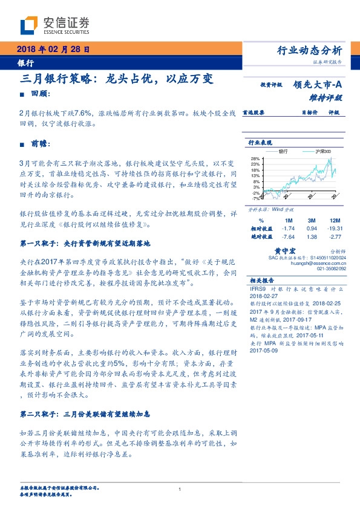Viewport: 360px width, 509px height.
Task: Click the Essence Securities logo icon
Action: pyautogui.click(x=30, y=26)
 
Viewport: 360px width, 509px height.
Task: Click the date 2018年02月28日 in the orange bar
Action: pyautogui.click(x=53, y=50)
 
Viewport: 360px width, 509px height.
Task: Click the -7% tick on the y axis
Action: pyautogui.click(x=255, y=197)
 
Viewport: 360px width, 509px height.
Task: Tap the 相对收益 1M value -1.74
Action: pyautogui.click(x=288, y=229)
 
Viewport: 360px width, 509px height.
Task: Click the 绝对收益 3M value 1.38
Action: pyautogui.click(x=312, y=237)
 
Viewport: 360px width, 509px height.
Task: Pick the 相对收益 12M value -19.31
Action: pyautogui.click(x=335, y=229)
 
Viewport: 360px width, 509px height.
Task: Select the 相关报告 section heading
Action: pyautogui.click(x=261, y=280)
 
